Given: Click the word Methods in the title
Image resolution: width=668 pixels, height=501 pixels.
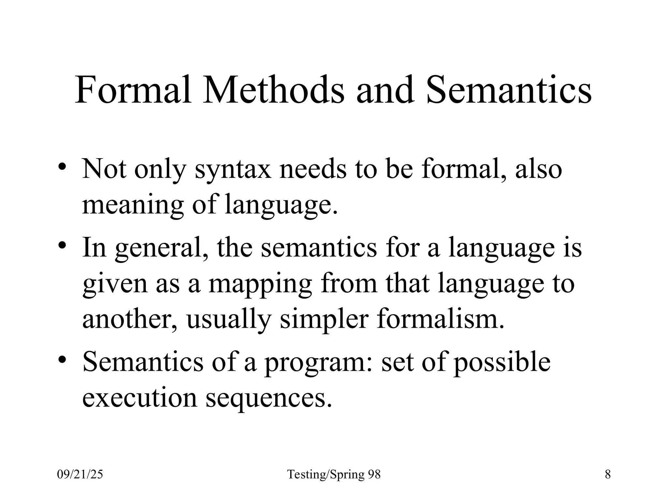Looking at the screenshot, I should (x=273, y=90).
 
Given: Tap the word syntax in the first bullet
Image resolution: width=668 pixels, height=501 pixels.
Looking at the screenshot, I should (x=233, y=170).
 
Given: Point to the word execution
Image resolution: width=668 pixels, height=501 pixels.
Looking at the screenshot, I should (x=140, y=398).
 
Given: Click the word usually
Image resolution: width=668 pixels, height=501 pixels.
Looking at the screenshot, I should (x=228, y=319).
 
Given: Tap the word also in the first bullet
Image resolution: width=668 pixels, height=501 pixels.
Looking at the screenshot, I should (x=539, y=170).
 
